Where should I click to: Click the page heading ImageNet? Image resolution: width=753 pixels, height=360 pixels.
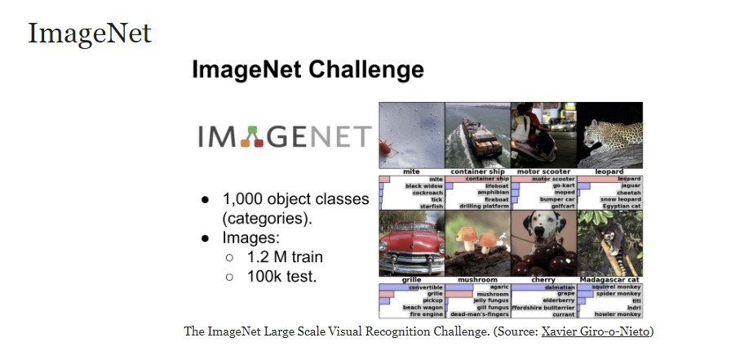pyautogui.click(x=90, y=33)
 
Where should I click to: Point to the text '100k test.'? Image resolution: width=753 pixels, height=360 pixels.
pyautogui.click(x=281, y=277)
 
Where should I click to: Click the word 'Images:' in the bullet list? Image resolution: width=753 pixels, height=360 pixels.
pyautogui.click(x=251, y=238)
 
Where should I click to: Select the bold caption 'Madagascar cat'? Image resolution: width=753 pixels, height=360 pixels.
pyautogui.click(x=609, y=279)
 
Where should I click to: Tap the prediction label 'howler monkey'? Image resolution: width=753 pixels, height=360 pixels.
pyautogui.click(x=618, y=313)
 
